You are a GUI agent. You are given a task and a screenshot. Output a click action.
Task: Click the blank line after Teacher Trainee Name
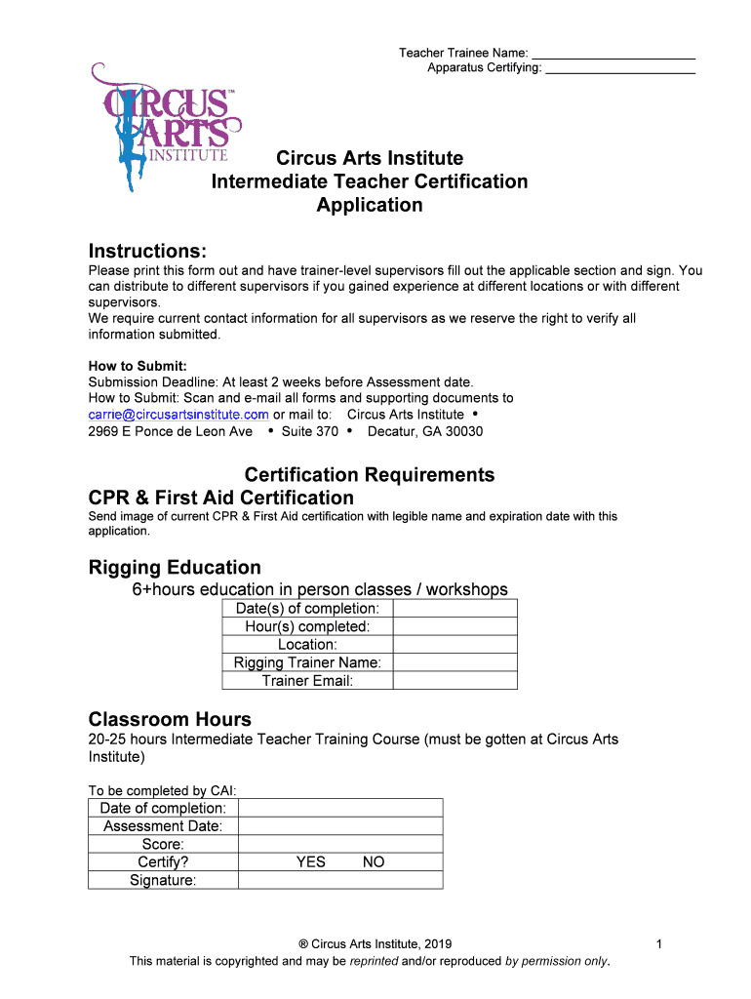click(x=613, y=55)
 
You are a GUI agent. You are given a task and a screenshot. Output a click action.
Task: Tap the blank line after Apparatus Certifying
click(x=620, y=69)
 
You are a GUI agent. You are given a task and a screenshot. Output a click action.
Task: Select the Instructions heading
click(x=147, y=252)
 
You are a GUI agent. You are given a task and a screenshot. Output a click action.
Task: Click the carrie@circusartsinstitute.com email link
click(x=178, y=415)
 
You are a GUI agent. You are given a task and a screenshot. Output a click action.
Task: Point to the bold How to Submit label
click(x=138, y=367)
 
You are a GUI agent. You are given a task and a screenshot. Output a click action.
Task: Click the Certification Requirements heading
click(x=370, y=475)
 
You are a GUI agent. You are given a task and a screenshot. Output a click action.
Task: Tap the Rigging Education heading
click(x=175, y=568)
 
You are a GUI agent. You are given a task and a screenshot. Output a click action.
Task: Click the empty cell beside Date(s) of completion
click(x=455, y=609)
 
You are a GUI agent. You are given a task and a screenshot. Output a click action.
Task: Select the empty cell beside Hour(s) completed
click(x=455, y=626)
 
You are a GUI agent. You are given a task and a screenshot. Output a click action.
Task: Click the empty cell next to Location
click(x=455, y=645)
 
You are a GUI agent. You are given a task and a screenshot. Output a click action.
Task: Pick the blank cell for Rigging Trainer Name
click(x=455, y=662)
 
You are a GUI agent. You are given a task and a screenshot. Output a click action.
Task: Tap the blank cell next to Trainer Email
click(x=455, y=681)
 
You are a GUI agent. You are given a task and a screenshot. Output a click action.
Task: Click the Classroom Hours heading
click(x=170, y=720)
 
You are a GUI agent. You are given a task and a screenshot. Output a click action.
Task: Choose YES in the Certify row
click(x=311, y=862)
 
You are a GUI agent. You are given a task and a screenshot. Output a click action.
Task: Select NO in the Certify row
click(x=374, y=862)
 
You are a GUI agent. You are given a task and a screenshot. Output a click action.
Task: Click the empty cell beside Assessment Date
click(x=340, y=826)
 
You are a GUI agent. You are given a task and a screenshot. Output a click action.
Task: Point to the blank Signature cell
click(x=340, y=880)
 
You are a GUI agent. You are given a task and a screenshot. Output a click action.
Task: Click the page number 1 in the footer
click(x=660, y=944)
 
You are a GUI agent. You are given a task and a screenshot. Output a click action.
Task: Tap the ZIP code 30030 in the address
click(x=463, y=431)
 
